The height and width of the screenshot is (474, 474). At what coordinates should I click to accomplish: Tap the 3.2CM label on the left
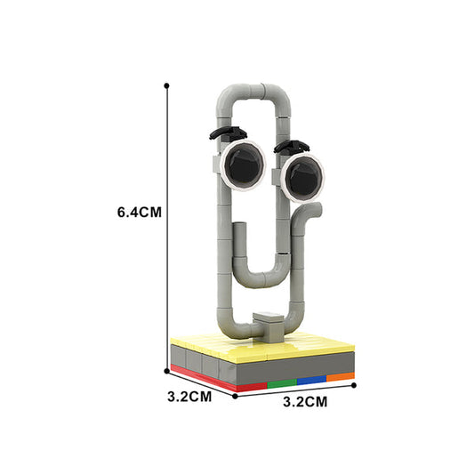click(189, 397)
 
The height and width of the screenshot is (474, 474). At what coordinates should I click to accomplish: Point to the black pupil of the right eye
click(300, 176)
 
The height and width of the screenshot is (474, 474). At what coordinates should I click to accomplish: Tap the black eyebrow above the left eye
click(229, 133)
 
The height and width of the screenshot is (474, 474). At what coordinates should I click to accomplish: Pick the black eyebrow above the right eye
click(293, 142)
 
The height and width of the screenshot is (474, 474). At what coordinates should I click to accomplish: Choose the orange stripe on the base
click(339, 377)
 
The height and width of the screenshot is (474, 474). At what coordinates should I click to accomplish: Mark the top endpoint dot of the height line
click(166, 85)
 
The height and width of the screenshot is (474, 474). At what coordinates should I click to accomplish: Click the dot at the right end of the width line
click(354, 385)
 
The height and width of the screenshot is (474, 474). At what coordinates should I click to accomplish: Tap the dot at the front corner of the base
click(236, 395)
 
